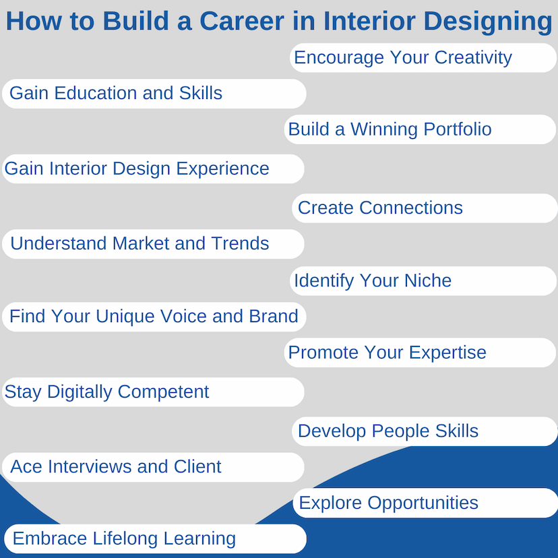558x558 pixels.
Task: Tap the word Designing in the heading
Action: pos(487,22)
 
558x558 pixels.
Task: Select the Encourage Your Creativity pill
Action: pos(423,58)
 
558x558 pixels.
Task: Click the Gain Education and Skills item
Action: pos(154,94)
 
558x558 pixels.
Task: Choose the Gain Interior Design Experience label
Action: pos(153,168)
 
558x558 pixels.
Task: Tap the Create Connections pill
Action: pos(425,208)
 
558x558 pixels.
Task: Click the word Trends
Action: pos(240,243)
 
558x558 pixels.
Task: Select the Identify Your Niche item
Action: pos(423,281)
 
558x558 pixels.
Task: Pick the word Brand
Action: pos(274,316)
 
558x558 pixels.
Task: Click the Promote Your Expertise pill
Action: pos(420,352)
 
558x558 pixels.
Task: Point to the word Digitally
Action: pos(80,392)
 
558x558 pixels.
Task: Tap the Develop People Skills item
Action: pos(425,431)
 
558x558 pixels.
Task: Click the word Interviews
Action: pos(90,466)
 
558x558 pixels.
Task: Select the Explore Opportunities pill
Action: pos(425,503)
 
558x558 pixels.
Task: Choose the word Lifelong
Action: pos(125,538)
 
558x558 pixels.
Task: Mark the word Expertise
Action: pos(447,352)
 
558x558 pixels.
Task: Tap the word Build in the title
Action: pos(135,21)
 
